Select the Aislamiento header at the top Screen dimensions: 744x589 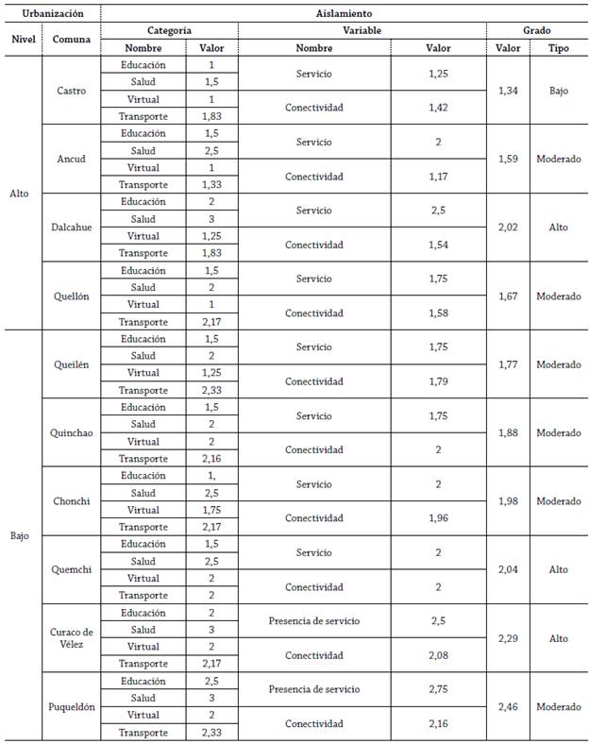tap(344, 14)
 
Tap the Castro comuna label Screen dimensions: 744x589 tap(71, 91)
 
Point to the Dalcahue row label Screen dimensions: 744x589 tap(71, 228)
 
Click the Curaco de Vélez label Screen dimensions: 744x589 tap(71, 637)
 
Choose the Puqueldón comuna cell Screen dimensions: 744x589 tap(71, 706)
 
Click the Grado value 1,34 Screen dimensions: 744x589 tap(511, 91)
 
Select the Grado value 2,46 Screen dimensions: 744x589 tap(511, 706)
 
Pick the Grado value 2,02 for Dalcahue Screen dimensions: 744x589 tap(511, 228)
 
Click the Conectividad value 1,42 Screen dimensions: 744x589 tap(438, 108)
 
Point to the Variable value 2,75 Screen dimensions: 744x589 tap(438, 689)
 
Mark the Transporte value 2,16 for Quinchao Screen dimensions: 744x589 tap(211, 458)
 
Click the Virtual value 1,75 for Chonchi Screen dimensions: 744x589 tap(211, 510)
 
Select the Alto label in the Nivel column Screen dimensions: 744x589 tap(21, 194)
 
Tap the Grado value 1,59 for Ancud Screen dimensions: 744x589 tap(511, 159)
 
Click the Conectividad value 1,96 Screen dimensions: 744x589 tap(438, 518)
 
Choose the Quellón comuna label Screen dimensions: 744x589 tap(71, 296)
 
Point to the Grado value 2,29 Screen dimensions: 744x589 tap(511, 638)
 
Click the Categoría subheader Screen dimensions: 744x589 tap(169, 30)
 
